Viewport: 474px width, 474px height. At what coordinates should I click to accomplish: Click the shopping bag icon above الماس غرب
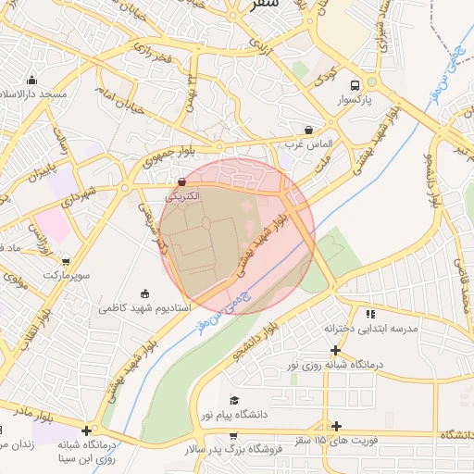pyautogui.click(x=308, y=130)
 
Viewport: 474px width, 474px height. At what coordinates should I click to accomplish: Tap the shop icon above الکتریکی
pyautogui.click(x=181, y=182)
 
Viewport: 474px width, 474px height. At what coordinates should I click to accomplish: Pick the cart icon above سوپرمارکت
pyautogui.click(x=65, y=262)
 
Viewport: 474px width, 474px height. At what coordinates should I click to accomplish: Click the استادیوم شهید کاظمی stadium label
pyautogui.click(x=145, y=307)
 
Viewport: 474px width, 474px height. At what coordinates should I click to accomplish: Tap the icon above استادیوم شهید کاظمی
pyautogui.click(x=143, y=293)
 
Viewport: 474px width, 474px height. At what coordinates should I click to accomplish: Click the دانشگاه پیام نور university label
pyautogui.click(x=233, y=413)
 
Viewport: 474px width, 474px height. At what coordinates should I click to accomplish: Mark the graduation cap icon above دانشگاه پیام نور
pyautogui.click(x=233, y=399)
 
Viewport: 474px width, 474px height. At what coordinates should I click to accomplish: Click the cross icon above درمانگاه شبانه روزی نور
pyautogui.click(x=335, y=350)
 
